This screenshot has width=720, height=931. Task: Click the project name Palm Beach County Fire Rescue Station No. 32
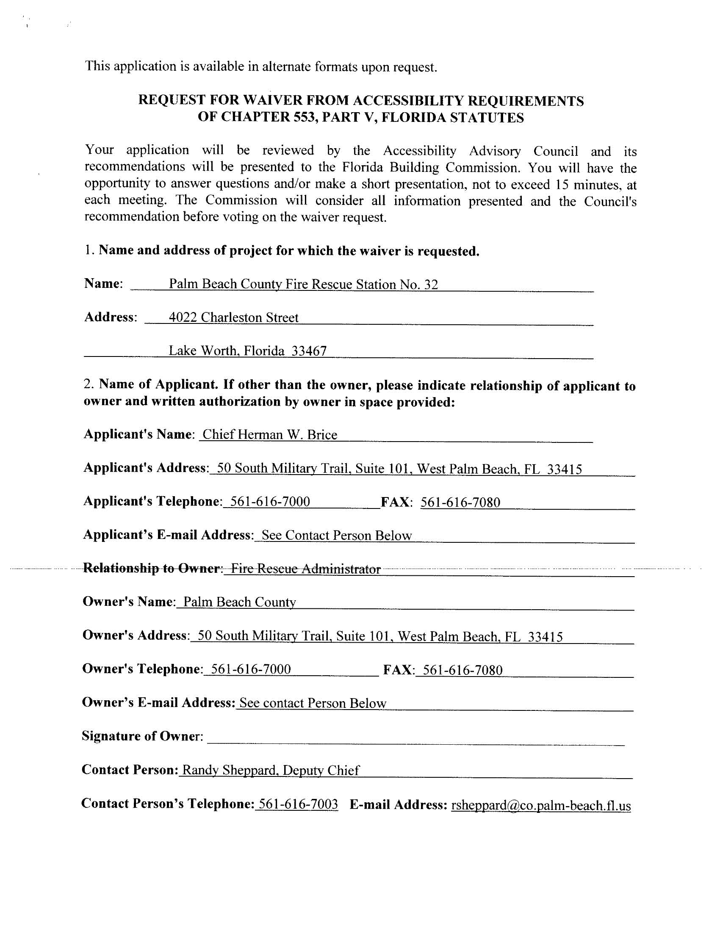point(303,285)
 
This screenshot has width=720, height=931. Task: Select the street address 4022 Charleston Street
point(233,318)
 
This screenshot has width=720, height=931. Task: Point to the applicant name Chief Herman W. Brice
point(269,434)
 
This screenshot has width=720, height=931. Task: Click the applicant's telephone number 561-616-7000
point(269,501)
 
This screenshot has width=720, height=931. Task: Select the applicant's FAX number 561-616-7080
point(460,502)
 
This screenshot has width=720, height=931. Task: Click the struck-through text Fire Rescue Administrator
point(305,569)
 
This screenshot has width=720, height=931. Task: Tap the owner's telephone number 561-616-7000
point(251,669)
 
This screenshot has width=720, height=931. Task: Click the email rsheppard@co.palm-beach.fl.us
point(541,805)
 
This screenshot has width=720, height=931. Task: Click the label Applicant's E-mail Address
point(169,535)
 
